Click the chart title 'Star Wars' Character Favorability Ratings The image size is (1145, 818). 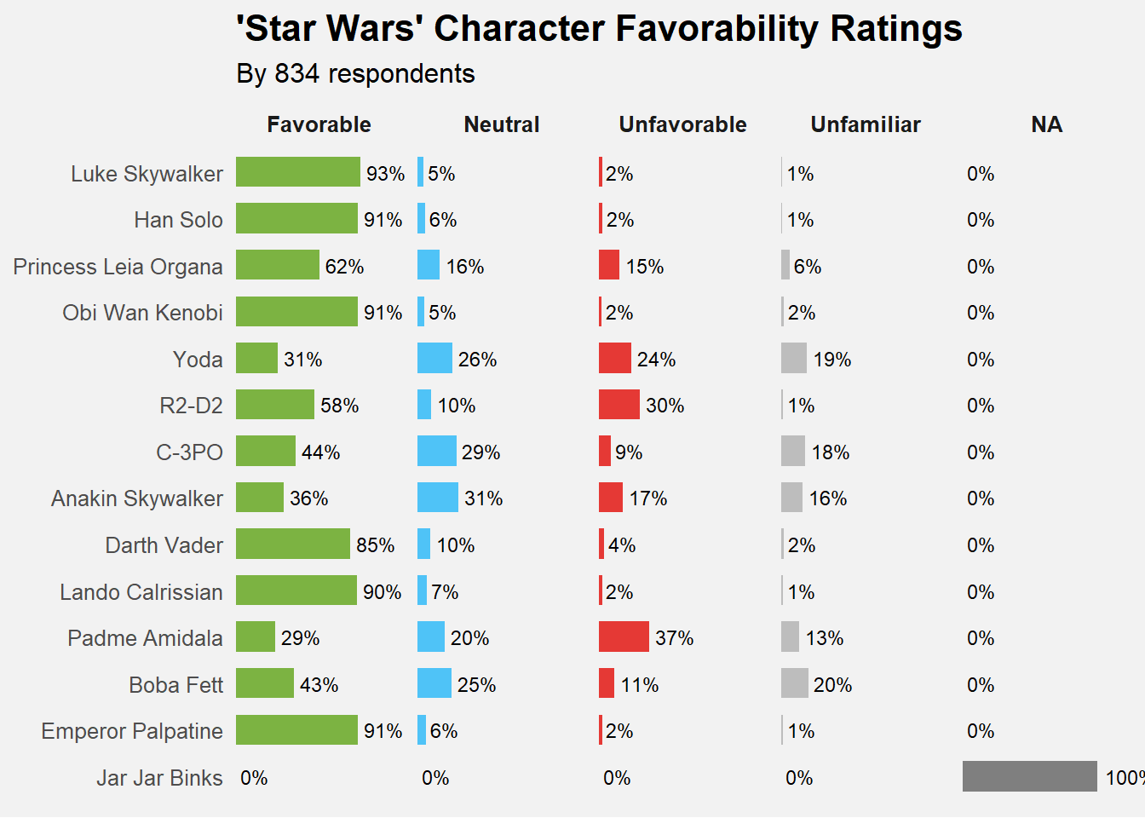(x=599, y=29)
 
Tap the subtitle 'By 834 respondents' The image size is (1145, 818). (x=355, y=74)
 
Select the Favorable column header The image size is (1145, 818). (x=319, y=125)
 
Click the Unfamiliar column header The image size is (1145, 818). (x=866, y=125)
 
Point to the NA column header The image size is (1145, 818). (x=1046, y=125)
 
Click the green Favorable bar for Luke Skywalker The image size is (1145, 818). (x=297, y=172)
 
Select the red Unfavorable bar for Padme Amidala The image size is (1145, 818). (x=624, y=637)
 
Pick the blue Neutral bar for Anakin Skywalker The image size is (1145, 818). (x=438, y=498)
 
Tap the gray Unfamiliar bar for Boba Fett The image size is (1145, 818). (x=794, y=683)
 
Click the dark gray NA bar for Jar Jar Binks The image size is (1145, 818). (x=1029, y=776)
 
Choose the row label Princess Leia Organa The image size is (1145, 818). (x=118, y=267)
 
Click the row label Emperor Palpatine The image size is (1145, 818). (x=132, y=731)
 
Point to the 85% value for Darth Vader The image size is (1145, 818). (x=375, y=545)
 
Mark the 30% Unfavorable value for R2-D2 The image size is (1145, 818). (x=665, y=406)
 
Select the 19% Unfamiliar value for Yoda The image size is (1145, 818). (x=831, y=360)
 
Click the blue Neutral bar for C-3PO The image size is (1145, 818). (x=436, y=451)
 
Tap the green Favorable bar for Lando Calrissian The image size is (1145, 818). (x=296, y=590)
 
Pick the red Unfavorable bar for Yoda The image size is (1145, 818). (x=614, y=358)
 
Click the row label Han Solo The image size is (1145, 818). (x=178, y=220)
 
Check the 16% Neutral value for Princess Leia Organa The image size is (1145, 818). (x=465, y=267)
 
